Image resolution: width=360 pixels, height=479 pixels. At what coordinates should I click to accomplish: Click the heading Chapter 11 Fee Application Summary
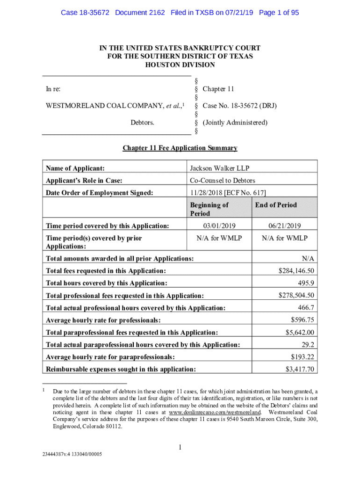[x=180, y=148]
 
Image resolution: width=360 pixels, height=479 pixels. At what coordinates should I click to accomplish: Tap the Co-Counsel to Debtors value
[x=222, y=180]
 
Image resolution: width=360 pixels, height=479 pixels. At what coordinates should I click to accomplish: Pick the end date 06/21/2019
[x=284, y=226]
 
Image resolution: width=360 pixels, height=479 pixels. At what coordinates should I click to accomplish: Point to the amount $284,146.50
[x=296, y=271]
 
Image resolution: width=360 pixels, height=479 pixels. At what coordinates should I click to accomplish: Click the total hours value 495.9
[x=306, y=283]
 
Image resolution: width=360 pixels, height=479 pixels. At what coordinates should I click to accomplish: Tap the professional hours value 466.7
[x=306, y=307]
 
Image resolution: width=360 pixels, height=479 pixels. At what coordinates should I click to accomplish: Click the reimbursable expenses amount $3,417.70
[x=300, y=369]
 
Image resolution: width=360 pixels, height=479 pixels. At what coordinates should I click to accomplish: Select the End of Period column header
[x=276, y=205]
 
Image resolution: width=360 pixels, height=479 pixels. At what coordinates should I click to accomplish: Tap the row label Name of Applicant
[x=75, y=168]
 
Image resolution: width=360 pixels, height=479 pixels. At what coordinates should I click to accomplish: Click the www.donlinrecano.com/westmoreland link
[x=214, y=413]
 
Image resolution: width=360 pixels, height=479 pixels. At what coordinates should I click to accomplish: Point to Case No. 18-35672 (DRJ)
[x=239, y=106]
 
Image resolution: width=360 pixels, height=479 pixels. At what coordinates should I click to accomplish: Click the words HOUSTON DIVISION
[x=180, y=65]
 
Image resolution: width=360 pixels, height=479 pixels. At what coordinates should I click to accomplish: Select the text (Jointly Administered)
[x=235, y=123]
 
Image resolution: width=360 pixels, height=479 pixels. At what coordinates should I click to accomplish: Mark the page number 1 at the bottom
[x=180, y=448]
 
